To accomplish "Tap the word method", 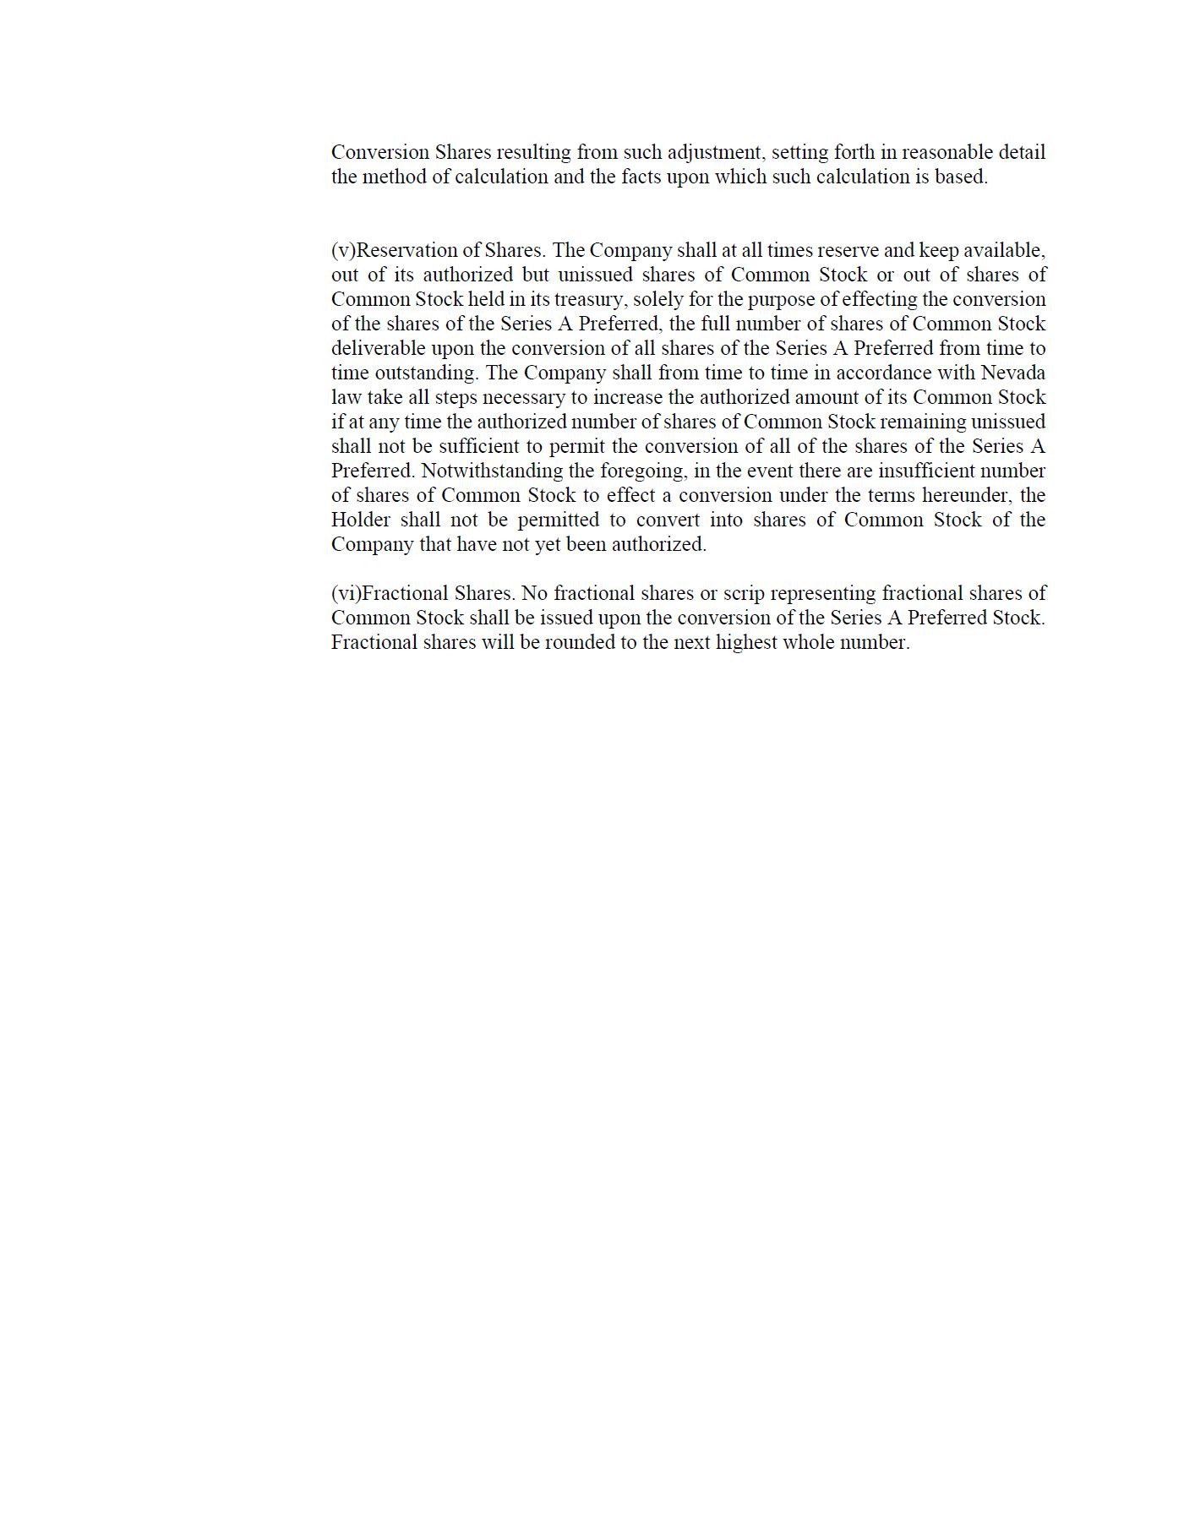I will coord(395,177).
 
